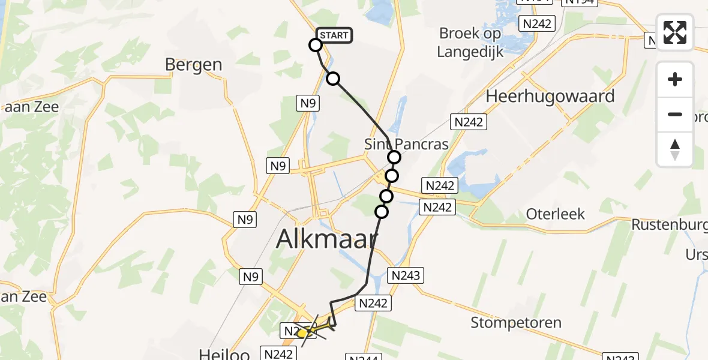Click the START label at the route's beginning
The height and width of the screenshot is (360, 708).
coord(334,35)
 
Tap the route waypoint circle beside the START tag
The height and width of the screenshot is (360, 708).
coord(316,45)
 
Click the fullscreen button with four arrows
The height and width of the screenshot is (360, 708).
coord(675,32)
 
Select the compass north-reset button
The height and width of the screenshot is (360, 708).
coord(675,149)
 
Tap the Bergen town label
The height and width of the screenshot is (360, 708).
coord(193,65)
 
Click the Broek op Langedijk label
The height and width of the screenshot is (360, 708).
coord(470,42)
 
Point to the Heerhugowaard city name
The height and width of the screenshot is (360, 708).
coord(550,96)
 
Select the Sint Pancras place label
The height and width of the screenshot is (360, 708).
coord(406,145)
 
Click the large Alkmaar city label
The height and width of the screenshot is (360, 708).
coord(327,240)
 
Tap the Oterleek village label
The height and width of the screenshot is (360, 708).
coord(555,214)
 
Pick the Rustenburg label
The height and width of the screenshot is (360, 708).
coord(669,224)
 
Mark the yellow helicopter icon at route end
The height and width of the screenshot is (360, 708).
coord(304,332)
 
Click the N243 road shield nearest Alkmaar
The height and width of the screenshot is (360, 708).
coord(406,275)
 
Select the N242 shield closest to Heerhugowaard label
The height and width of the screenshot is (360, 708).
coord(469,122)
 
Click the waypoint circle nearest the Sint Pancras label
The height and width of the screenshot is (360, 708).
coord(394,157)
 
